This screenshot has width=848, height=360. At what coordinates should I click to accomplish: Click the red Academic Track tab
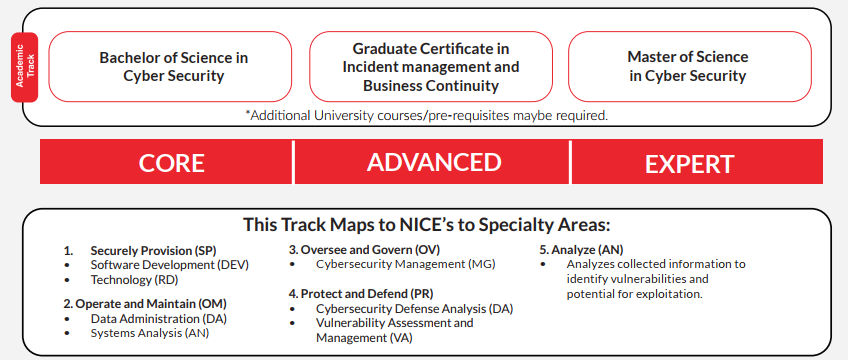24,67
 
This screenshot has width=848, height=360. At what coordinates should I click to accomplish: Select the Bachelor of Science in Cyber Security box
170,66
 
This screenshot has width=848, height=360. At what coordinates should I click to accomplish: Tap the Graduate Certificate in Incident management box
431,66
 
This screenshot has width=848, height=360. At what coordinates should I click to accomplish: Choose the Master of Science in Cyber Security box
690,66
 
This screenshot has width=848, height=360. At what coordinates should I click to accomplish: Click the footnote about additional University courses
427,115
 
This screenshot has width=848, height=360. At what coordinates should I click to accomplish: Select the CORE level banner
167,162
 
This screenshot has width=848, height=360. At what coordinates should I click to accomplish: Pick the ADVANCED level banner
432,162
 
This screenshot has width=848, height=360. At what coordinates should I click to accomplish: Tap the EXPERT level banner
697,162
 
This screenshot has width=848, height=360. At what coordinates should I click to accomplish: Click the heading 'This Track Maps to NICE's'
427,224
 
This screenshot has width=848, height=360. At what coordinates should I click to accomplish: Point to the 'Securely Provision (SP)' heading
154,251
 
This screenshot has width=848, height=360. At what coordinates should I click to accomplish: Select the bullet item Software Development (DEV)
170,265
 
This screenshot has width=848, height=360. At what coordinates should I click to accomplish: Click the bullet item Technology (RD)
134,280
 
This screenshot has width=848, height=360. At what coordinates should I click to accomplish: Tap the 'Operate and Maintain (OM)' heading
145,304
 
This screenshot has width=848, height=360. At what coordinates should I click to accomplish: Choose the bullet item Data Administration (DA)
158,319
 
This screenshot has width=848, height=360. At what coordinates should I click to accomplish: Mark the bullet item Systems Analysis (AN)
150,333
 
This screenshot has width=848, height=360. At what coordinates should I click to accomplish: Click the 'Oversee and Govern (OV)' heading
364,250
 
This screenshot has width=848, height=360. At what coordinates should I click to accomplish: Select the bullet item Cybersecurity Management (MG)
406,264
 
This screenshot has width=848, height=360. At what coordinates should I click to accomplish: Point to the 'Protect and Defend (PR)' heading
361,294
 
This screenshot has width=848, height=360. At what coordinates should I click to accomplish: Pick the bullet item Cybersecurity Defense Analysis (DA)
414,309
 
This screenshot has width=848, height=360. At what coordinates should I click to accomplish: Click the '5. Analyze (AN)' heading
581,250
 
